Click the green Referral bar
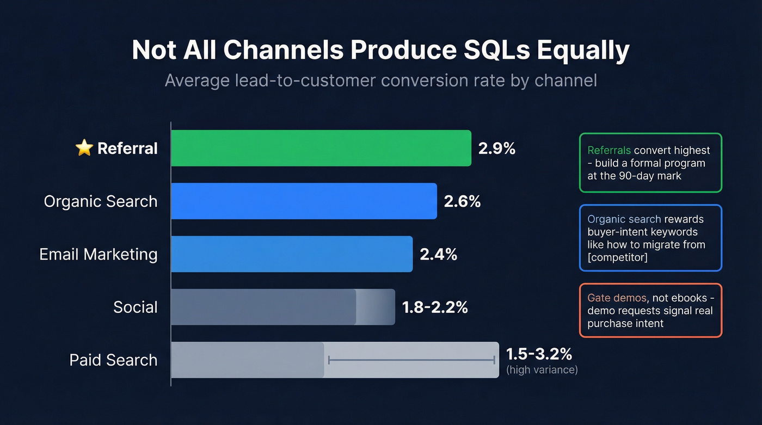tap(321, 148)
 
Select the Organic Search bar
tap(304, 201)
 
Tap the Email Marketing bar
tap(292, 254)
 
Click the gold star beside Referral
tap(84, 148)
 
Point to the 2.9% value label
tap(496, 149)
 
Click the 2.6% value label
tap(462, 201)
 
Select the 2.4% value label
tap(438, 254)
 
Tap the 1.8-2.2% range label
tap(435, 307)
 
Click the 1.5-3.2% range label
tap(539, 354)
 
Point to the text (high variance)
tap(542, 370)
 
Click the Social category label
tap(136, 307)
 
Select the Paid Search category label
tap(113, 360)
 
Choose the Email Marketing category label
tap(99, 254)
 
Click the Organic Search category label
tap(101, 201)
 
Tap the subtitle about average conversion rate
tap(380, 81)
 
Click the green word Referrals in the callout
tap(609, 151)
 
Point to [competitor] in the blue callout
tap(617, 257)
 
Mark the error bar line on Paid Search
tap(411, 360)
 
